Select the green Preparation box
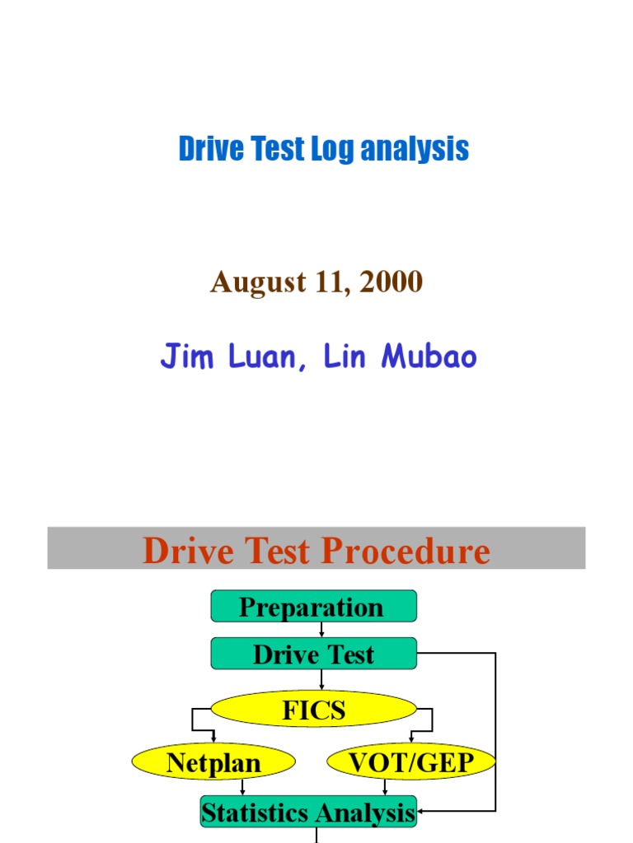coord(313,607)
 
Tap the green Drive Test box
coord(313,654)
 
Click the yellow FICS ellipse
coord(313,710)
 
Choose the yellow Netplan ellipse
coord(213,762)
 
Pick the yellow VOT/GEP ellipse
coord(411,762)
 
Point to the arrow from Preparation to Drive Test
coord(321,630)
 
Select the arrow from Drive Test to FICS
coord(321,680)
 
